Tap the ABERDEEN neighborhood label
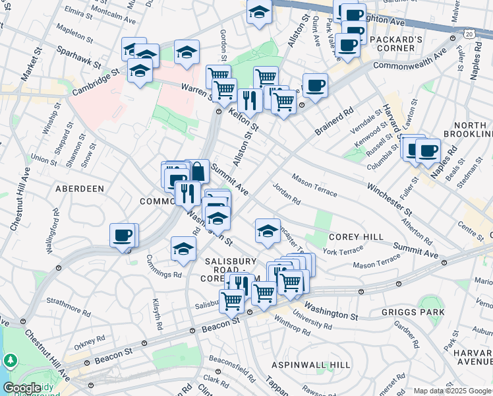pyautogui.click(x=80, y=189)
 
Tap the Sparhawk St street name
pyautogui.click(x=78, y=57)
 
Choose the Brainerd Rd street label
pyautogui.click(x=334, y=119)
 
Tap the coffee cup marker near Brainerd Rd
pyautogui.click(x=315, y=86)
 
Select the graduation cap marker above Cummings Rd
pyautogui.click(x=183, y=249)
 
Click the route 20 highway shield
pyautogui.click(x=468, y=32)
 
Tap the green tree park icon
pyautogui.click(x=11, y=360)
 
